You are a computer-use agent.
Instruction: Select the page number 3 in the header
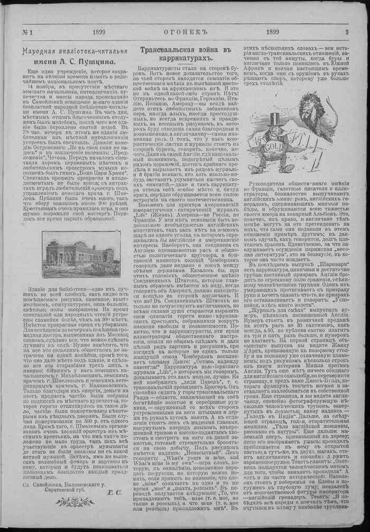pyautogui.click(x=346, y=32)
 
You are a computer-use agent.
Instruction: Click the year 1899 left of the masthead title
pyautogui.click(x=99, y=32)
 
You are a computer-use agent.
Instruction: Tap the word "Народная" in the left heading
pyautogui.click(x=36, y=52)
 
